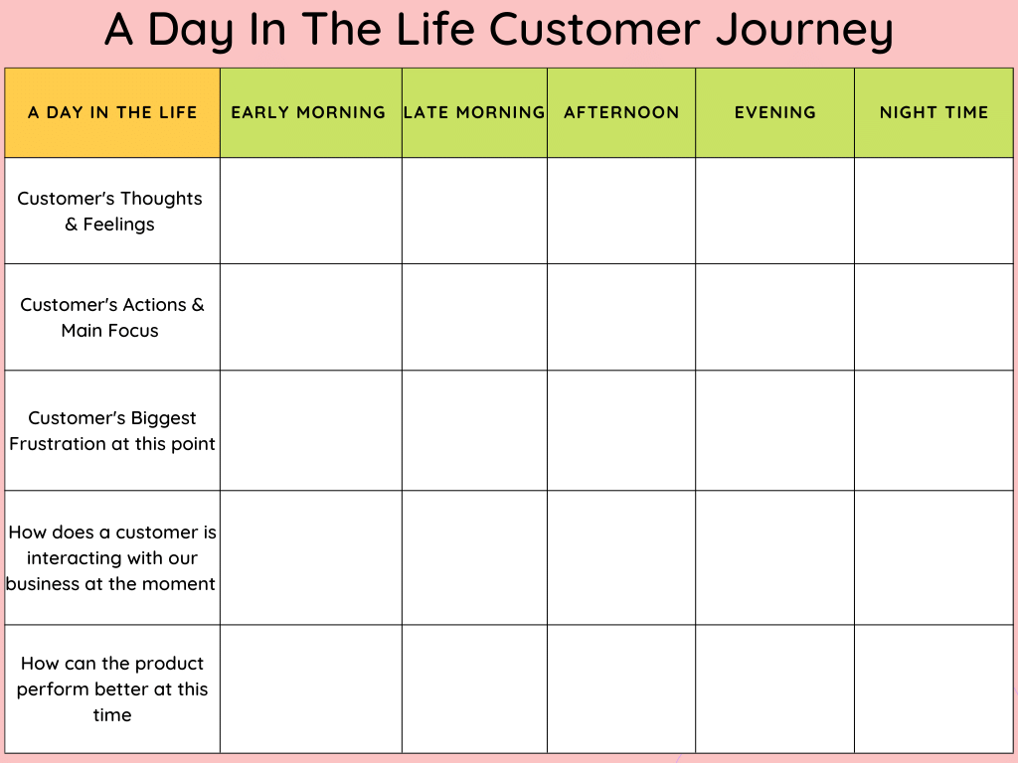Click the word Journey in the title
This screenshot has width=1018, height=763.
(x=803, y=31)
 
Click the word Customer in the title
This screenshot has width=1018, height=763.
(x=594, y=31)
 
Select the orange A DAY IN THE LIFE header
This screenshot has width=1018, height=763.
(x=112, y=112)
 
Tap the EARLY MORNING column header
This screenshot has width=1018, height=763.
(x=309, y=112)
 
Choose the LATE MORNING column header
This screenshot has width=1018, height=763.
(x=474, y=112)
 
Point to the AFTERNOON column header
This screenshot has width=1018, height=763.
(x=621, y=112)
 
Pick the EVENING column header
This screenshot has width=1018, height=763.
(x=774, y=112)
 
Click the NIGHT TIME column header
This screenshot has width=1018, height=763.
(x=933, y=112)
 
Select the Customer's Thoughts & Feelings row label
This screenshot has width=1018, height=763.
(x=110, y=211)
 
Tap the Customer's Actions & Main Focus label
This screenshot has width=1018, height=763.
(x=111, y=317)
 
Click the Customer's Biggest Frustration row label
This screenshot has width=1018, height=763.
(x=111, y=430)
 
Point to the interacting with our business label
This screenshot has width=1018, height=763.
(x=111, y=557)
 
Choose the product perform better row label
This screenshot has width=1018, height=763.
(x=111, y=688)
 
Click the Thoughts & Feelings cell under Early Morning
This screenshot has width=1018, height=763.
(x=310, y=211)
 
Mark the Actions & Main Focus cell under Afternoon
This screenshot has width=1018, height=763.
(x=621, y=317)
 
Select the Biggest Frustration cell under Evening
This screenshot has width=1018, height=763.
(x=774, y=430)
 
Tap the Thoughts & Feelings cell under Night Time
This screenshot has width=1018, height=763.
(x=933, y=211)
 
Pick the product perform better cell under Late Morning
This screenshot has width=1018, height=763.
(x=474, y=688)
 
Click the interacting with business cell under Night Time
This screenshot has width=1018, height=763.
(x=933, y=557)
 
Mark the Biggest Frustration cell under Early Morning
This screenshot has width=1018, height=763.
(x=310, y=430)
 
